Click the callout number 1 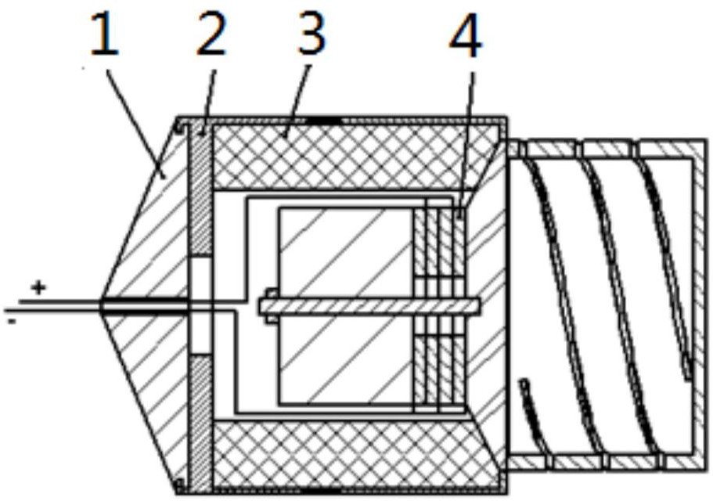tap(105, 34)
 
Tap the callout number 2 tap(211, 34)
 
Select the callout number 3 tap(311, 34)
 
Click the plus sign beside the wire tap(38, 287)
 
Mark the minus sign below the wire tap(13, 322)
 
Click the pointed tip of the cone tap(101, 305)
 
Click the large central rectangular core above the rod tap(347, 252)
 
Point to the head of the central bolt tap(272, 305)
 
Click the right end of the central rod tap(479, 305)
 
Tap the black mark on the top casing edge tap(323, 121)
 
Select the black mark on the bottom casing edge tap(323, 490)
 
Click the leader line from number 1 tap(135, 123)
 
